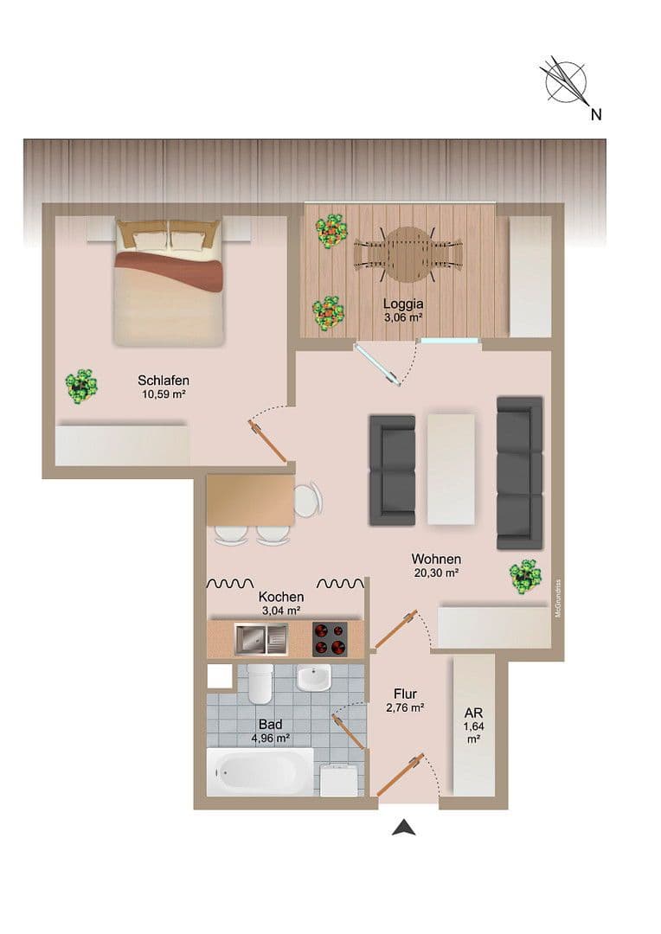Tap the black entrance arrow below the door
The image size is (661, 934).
click(403, 828)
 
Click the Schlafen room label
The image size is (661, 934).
click(164, 380)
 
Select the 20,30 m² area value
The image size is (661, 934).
click(435, 572)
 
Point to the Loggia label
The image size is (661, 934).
click(403, 304)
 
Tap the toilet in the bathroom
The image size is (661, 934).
click(260, 684)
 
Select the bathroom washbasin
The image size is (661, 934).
click(313, 678)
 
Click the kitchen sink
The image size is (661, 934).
click(260, 639)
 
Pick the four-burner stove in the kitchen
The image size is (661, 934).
click(330, 639)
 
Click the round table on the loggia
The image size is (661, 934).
click(408, 253)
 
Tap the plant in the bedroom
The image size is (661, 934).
click(81, 385)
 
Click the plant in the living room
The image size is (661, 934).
click(524, 576)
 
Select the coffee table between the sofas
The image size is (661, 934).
click(451, 468)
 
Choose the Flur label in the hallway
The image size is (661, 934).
click(405, 694)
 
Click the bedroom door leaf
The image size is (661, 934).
click(268, 442)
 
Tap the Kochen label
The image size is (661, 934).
click(281, 597)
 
